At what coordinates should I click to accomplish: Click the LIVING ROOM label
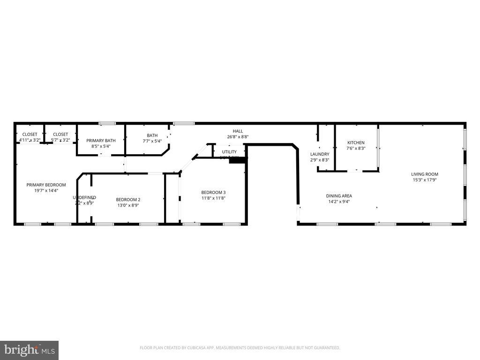[x=425, y=174]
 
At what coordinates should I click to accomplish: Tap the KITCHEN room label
[x=356, y=142]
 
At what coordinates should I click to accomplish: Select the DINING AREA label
[x=339, y=196]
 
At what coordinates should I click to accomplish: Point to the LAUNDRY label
[x=320, y=154]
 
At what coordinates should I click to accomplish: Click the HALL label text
[x=238, y=131]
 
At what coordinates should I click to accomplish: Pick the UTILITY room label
[x=229, y=152]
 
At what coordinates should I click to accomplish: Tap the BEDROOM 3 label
[x=213, y=192]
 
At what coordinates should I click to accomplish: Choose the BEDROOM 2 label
[x=128, y=199]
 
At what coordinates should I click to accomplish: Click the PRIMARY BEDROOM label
[x=46, y=185]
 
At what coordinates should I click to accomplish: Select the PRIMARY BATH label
[x=101, y=140]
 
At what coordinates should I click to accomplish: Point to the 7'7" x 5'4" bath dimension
[x=152, y=141]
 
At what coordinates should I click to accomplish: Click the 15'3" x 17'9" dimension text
[x=425, y=180]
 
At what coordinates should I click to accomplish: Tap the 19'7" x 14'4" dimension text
[x=46, y=191]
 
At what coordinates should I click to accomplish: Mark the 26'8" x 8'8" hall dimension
[x=238, y=137]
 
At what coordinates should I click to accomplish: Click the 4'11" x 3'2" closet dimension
[x=30, y=140]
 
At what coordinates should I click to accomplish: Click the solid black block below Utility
[x=238, y=160]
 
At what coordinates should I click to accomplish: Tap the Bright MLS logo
[x=29, y=350]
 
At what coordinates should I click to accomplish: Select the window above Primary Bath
[x=107, y=123]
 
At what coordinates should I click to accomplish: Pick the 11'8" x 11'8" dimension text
[x=213, y=198]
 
